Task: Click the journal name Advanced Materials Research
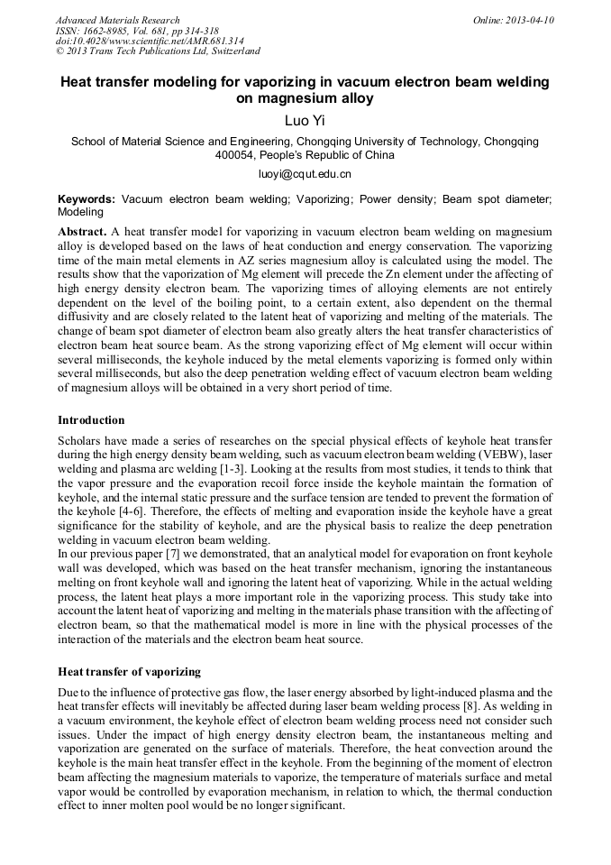coord(117,20)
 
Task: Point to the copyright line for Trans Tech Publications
coord(158,51)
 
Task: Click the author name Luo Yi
coord(304,120)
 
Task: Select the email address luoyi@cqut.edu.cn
coord(305,173)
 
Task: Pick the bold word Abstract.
coord(83,232)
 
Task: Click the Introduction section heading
coord(91,420)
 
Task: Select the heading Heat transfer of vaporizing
coord(129,671)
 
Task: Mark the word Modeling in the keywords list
coord(81,212)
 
